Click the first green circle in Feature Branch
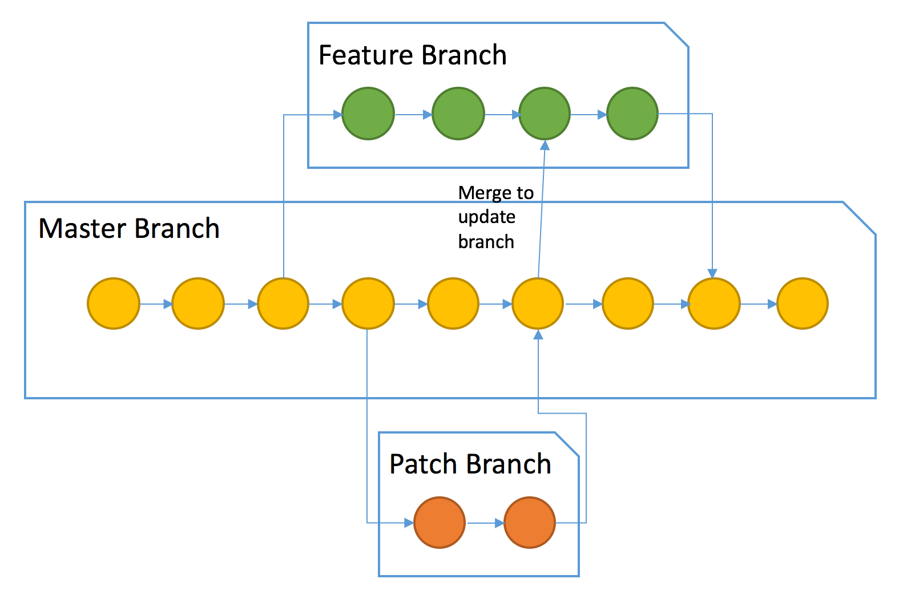368,114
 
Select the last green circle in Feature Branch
632,114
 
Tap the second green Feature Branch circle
458,114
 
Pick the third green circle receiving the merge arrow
545,114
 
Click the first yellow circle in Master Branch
114,303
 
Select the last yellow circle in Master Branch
803,303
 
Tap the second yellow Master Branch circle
198,303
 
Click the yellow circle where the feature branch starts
283,303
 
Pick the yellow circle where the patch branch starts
368,303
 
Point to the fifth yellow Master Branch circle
454,303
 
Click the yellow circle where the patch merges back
538,303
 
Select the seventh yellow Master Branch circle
628,303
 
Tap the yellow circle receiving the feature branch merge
714,303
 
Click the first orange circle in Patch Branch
440,523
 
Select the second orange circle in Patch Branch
530,523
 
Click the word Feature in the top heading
366,55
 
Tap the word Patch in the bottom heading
424,464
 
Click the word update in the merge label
486,218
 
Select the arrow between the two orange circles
485,523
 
